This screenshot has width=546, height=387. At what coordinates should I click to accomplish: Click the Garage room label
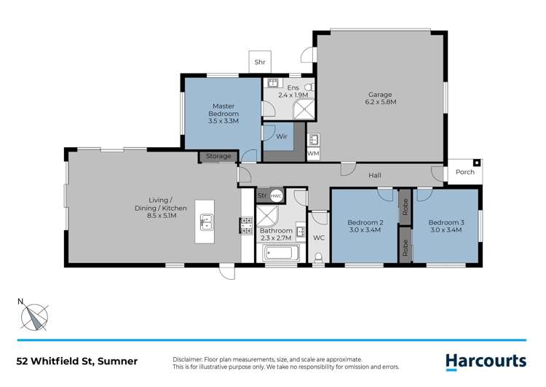coord(380,94)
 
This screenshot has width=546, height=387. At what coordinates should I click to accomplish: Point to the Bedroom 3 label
coord(446,222)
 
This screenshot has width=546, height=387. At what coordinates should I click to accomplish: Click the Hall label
coord(375,175)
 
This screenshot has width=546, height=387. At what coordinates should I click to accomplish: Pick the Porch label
coord(464,172)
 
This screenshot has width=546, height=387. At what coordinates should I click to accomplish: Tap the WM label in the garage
coord(313,154)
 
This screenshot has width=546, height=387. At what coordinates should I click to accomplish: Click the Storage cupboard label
coord(218,156)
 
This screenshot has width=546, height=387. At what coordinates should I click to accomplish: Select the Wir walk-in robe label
coord(281,136)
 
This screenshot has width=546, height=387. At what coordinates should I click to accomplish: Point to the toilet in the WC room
coord(319,255)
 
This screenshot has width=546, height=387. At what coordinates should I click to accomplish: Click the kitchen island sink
coord(206,221)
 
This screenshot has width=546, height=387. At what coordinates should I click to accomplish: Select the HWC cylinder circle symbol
coord(277,196)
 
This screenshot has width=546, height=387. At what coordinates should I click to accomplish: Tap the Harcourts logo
coord(485,360)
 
